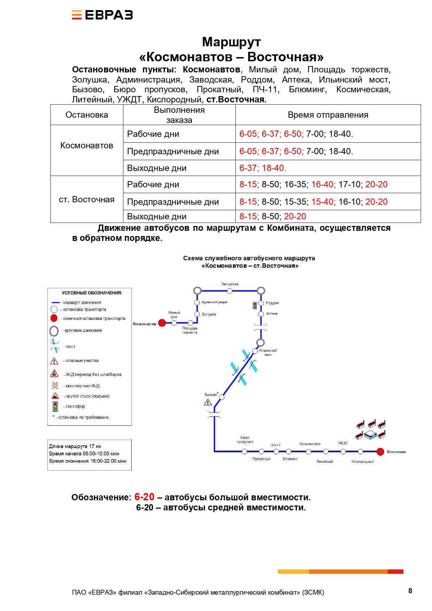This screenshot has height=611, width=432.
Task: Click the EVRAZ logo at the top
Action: tap(102, 15)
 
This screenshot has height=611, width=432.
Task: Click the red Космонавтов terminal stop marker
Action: tap(162, 323)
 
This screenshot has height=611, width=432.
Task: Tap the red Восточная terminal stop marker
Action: tap(380, 452)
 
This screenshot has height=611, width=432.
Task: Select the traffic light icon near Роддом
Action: tap(255, 305)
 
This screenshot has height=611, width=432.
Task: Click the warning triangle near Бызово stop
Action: tap(208, 402)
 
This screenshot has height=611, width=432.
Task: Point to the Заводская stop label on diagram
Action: tap(230, 284)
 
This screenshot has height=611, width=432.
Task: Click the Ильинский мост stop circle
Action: tap(255, 351)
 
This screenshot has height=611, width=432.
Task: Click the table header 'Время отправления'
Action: tap(328, 115)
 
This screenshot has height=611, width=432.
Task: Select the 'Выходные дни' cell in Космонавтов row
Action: tap(157, 168)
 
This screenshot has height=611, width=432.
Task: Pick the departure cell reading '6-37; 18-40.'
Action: tap(263, 168)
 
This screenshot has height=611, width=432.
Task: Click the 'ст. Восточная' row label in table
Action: tap(87, 199)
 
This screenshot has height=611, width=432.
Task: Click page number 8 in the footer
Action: tap(410, 591)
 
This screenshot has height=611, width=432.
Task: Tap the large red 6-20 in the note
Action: tap(144, 497)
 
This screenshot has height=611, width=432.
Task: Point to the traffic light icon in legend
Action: tap(55, 406)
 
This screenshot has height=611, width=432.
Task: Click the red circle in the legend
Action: tap(54, 318)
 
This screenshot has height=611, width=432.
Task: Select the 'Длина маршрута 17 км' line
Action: tap(75, 446)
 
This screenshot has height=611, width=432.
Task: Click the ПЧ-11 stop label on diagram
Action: tap(275, 445)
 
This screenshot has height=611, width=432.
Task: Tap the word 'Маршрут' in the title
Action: tap(231, 42)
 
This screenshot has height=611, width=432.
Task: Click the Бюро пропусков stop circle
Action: tap(244, 452)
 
